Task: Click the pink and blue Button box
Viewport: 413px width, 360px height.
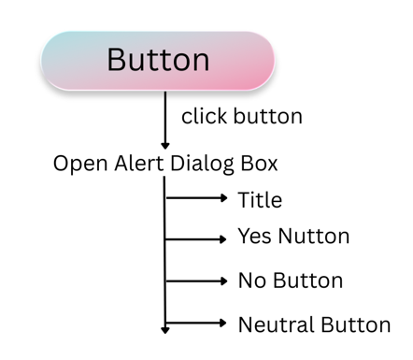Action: [x=157, y=61]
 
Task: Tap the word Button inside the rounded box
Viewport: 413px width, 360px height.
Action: [x=158, y=60]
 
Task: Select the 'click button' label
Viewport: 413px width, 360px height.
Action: [x=241, y=117]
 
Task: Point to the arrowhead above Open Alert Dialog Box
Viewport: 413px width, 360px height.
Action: [x=165, y=145]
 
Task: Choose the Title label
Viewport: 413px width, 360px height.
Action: [x=260, y=199]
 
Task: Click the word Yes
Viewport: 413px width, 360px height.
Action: [x=255, y=237]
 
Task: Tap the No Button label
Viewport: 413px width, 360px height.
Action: [x=290, y=281]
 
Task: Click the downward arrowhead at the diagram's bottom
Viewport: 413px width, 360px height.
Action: [x=165, y=328]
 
